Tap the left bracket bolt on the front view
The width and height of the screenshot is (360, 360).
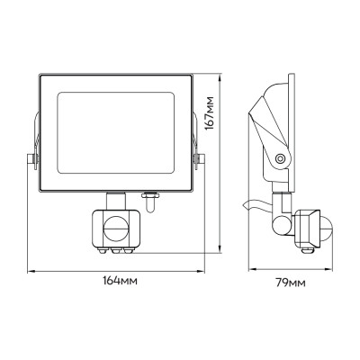click(31, 160)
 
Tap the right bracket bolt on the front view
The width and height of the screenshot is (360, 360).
click(200, 160)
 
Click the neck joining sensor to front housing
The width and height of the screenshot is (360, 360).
click(117, 199)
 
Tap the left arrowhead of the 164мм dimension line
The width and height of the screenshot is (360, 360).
click(30, 270)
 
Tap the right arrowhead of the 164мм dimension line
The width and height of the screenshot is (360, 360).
click(201, 270)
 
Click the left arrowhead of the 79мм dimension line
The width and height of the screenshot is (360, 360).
click(251, 270)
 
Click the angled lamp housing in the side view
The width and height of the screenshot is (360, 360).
click(273, 117)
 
